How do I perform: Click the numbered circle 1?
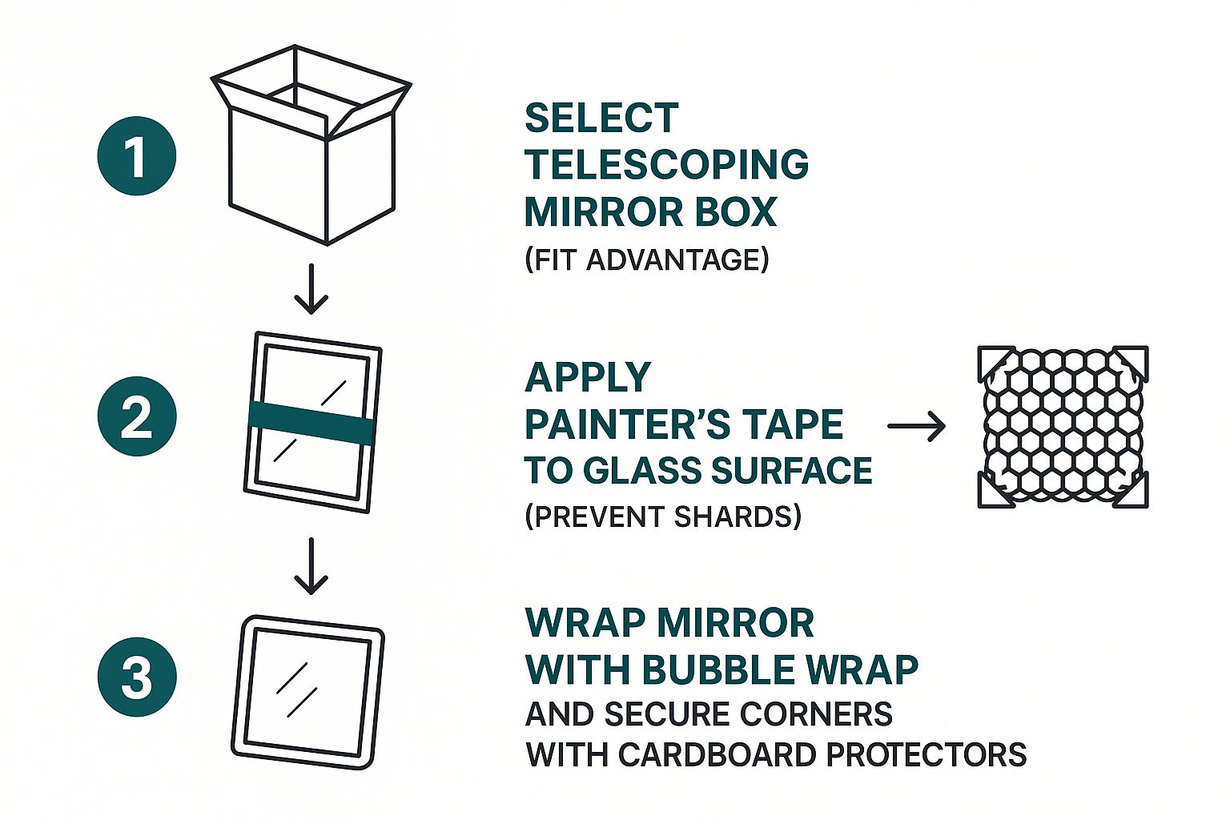pos(137,156)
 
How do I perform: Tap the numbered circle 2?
pos(137,416)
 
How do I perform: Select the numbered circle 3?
pos(137,677)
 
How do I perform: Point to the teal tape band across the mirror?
pos(311,423)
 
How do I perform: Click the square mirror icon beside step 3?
pos(308,693)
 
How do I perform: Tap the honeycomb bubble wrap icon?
pos(1063,427)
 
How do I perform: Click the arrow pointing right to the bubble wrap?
pos(917,427)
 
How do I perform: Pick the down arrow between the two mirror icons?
pos(311,566)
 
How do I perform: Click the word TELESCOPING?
pos(666,165)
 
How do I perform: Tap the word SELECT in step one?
pos(601,119)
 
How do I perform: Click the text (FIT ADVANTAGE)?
pos(646,260)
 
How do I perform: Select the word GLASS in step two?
pos(642,471)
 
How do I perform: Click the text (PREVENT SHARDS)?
pos(662,517)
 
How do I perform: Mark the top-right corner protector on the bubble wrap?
pos(1131,363)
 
